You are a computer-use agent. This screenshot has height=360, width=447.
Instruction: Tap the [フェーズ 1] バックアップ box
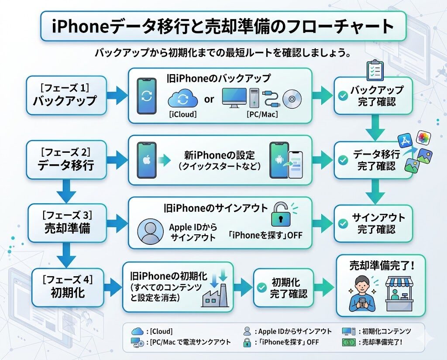point(66,95)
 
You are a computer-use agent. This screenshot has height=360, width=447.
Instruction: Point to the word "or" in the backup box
point(210,99)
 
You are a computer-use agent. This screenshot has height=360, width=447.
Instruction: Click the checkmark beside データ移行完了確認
point(344,160)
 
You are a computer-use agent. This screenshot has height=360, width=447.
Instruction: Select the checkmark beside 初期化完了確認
point(262,288)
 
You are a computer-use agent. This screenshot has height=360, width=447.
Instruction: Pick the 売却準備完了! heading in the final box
point(381,266)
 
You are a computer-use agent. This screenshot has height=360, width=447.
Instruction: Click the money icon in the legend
point(348,342)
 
